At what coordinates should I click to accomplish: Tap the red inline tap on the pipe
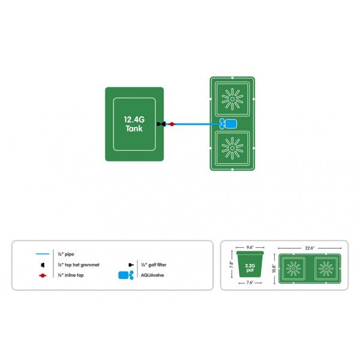(172, 124)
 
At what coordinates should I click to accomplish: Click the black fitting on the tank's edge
(161, 124)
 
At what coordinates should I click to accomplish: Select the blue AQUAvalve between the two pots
(227, 124)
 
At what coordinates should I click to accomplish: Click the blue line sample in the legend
(41, 253)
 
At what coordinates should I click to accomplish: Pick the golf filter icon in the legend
(130, 264)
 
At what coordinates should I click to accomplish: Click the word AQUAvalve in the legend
(154, 275)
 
